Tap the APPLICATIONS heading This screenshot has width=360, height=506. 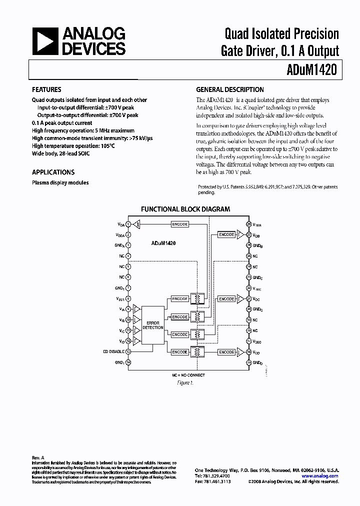point(53,172)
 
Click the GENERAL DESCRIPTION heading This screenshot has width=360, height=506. point(230,90)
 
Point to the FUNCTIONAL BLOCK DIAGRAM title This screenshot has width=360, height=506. point(185,209)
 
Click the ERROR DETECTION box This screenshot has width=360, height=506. point(153,325)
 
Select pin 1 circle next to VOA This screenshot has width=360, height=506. point(128,224)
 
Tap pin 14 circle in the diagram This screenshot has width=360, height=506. point(128,362)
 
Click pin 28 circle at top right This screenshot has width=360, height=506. point(248,224)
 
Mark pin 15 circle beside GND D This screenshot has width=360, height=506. point(248,362)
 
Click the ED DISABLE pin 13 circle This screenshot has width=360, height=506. point(128,352)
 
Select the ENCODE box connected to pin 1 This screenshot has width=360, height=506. point(179,224)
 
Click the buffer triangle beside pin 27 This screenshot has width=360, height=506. point(239,234)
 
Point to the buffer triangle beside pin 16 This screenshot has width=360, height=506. point(239,352)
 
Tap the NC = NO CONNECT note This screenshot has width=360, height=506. point(188,375)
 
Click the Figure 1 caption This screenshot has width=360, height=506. point(184,383)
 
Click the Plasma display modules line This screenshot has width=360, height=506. point(60,183)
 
